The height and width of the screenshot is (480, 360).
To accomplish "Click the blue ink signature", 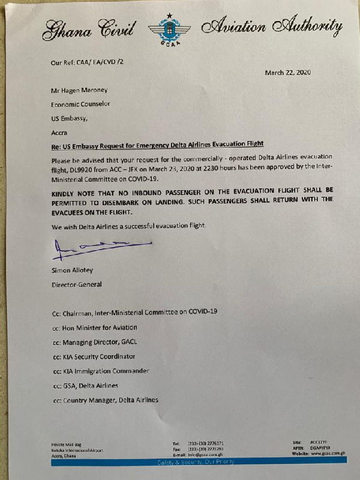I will pyautogui.click(x=97, y=246).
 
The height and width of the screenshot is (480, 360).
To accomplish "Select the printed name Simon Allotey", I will pyautogui.click(x=73, y=271).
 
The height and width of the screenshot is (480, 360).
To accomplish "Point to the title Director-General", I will pyautogui.click(x=76, y=284).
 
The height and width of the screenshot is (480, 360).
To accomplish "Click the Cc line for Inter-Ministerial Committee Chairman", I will pyautogui.click(x=134, y=313).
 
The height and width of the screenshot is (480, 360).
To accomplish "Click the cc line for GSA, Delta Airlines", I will pyautogui.click(x=85, y=385).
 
